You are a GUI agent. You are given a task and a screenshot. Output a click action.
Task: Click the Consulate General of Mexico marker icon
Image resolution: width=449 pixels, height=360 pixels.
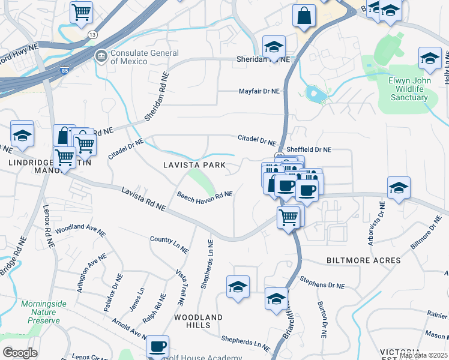(101, 56)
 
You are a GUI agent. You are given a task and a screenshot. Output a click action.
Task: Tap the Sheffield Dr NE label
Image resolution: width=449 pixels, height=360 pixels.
(309, 149)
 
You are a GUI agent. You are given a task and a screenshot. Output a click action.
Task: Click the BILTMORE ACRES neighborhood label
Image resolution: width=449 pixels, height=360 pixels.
(363, 260)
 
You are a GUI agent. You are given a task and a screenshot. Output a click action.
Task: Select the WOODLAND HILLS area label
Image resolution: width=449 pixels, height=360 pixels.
(198, 321)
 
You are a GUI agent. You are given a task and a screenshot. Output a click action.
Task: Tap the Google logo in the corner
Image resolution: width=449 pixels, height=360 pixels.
(20, 352)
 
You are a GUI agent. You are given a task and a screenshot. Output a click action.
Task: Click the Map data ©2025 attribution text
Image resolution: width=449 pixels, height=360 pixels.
(423, 355)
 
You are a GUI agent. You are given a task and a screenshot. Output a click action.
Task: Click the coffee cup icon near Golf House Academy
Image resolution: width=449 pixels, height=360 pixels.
(158, 346)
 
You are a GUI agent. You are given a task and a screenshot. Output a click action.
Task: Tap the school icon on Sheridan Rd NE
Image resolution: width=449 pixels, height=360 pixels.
(274, 47)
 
